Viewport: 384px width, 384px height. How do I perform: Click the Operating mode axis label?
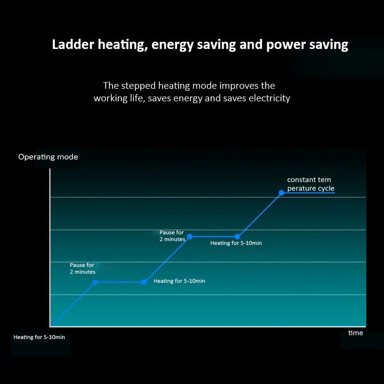[x=48, y=157]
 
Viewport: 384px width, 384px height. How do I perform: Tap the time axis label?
[x=356, y=333]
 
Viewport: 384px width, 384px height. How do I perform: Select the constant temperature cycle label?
[x=311, y=184]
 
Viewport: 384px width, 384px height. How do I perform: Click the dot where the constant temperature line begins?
[x=282, y=193]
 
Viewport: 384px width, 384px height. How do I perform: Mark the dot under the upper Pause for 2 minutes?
[x=190, y=237]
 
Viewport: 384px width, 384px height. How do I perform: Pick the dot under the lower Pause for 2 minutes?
[x=95, y=282]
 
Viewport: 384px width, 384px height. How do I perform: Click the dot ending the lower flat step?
[x=144, y=282]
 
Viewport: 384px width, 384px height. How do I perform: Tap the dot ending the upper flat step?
[x=237, y=237]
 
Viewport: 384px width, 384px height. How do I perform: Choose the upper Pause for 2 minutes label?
[x=172, y=236]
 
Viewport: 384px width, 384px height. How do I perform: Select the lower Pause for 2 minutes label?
[x=83, y=268]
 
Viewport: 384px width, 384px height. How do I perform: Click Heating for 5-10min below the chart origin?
[x=39, y=337]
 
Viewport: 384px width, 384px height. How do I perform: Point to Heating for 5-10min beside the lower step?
[x=179, y=281]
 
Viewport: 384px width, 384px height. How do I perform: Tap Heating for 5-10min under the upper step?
[x=236, y=243]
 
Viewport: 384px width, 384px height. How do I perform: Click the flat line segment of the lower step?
[x=119, y=282]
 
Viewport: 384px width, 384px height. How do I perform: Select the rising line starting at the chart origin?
[x=72, y=304]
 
